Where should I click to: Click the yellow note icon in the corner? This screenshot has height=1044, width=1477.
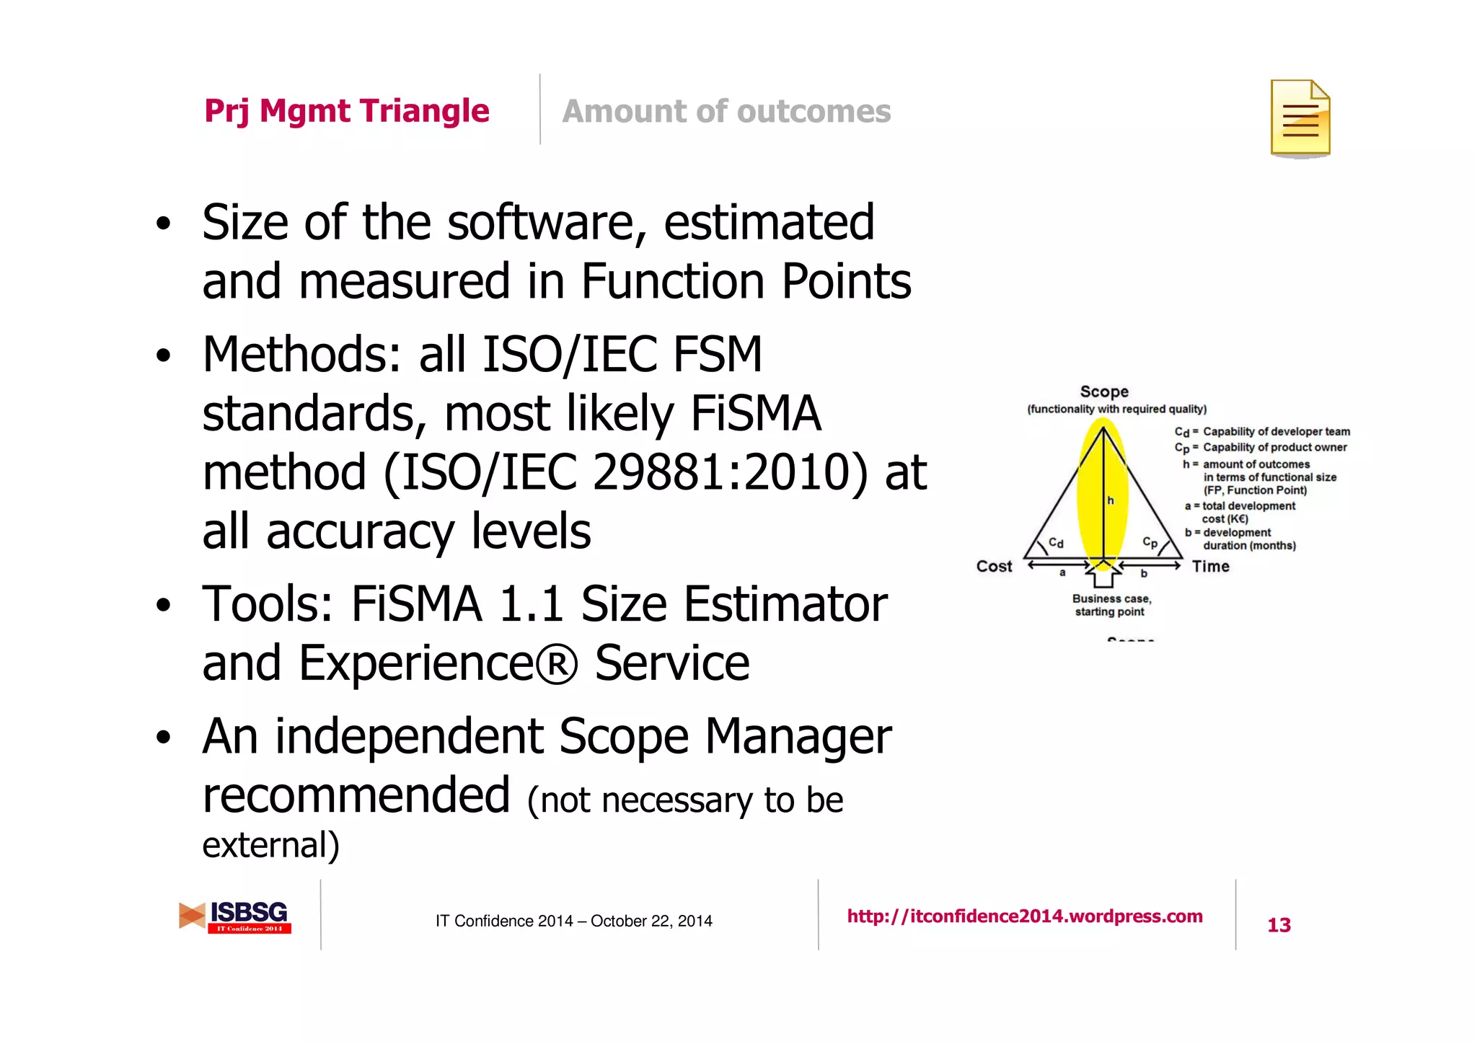tap(1300, 118)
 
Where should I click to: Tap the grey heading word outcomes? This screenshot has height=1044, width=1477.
tap(814, 112)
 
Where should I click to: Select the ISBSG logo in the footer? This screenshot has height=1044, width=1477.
tap(235, 916)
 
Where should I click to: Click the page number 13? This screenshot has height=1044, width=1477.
tap(1279, 925)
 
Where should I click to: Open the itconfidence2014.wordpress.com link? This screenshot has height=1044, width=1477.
tap(1024, 916)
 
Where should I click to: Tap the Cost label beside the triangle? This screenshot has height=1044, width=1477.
tap(994, 567)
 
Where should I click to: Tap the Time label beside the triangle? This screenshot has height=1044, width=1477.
tap(1210, 567)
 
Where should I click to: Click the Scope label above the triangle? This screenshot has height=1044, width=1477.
tap(1104, 391)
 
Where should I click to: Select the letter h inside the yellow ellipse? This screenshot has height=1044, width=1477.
tap(1111, 500)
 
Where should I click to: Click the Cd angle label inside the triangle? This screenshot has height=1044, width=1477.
tap(1056, 543)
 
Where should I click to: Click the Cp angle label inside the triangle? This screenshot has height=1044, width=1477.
tap(1150, 542)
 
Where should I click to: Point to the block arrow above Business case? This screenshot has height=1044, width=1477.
tap(1103, 575)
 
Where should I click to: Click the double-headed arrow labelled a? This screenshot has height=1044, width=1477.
tap(1059, 565)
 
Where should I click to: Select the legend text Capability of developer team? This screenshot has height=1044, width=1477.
tap(1276, 432)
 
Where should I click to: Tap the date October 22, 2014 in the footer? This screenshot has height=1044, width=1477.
tap(651, 921)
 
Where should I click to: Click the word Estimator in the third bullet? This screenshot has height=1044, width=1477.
tap(785, 604)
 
